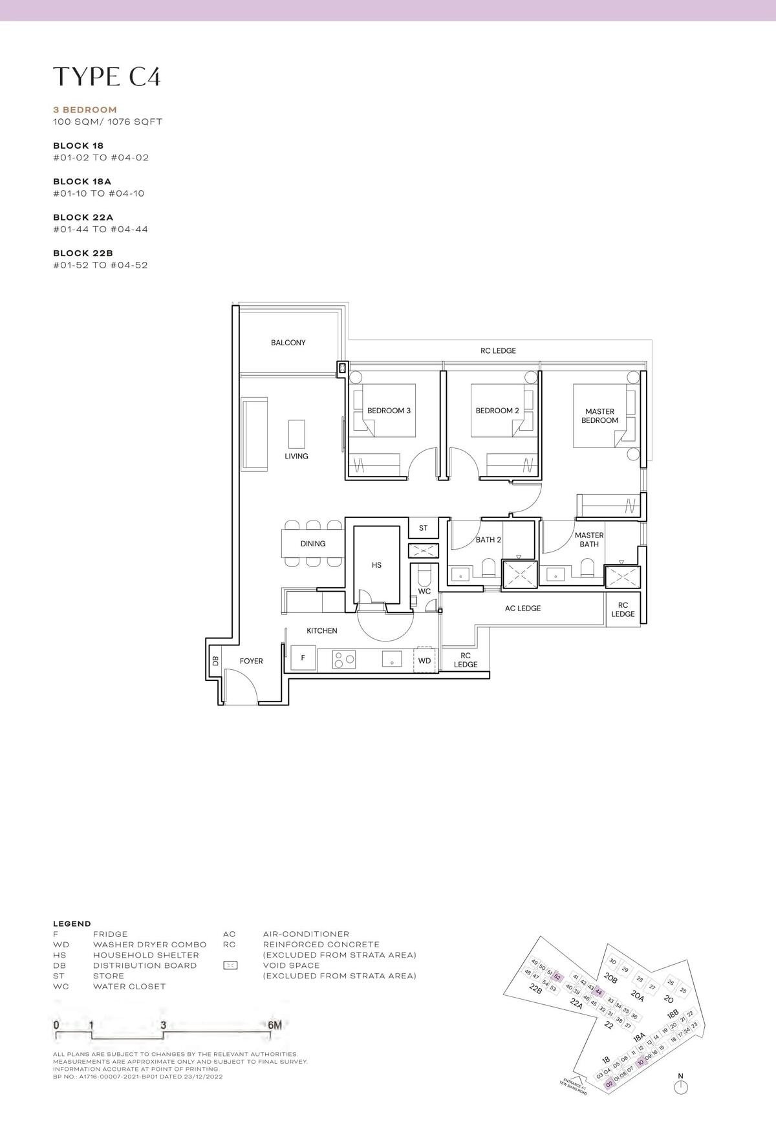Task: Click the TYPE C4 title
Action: coord(107,76)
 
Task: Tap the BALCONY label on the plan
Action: coord(288,343)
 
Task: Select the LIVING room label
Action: coord(296,456)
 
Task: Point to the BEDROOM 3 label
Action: coord(389,411)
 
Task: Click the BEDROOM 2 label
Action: coord(497,411)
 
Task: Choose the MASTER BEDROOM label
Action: coord(599,416)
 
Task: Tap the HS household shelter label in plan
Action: coord(376,565)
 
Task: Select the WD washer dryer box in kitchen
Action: coord(425,660)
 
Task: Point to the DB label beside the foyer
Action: coord(215,661)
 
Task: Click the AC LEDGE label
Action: coord(523,608)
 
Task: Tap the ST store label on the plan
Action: coord(423,528)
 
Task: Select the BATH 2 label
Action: coord(488,540)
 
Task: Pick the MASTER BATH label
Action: coord(588,539)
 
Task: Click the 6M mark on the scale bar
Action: coord(274,1025)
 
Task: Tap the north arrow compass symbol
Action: coord(680,1087)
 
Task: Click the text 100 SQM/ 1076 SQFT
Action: coord(107,122)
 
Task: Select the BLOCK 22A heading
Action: coord(83,217)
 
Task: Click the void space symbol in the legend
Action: coord(230,965)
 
